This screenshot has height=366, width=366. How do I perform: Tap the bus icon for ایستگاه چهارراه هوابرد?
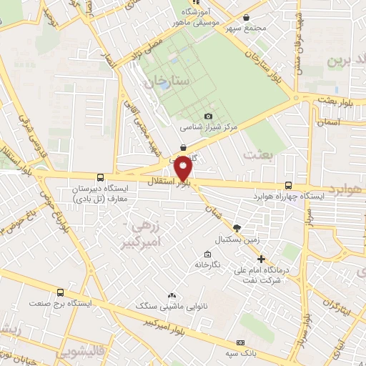tap(288, 184)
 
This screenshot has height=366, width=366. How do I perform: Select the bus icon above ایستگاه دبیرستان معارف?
tap(100, 177)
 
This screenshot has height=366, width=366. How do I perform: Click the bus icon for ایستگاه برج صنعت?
tap(60, 292)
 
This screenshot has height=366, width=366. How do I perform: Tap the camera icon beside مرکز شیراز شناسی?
tap(208, 116)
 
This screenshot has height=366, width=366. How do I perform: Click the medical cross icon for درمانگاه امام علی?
tap(262, 259)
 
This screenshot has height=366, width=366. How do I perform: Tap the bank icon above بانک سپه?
tap(240, 343)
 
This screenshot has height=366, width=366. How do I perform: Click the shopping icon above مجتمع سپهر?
tap(247, 18)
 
